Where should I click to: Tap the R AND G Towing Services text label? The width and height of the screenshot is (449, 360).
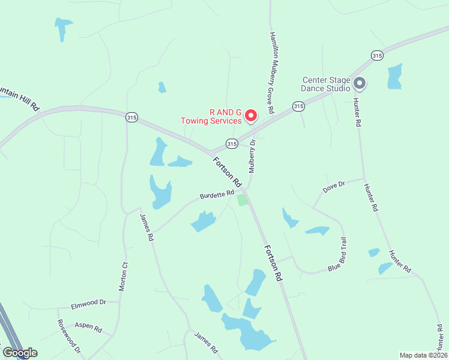pos(212,116)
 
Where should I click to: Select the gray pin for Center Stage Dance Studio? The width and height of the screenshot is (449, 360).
pos(360,83)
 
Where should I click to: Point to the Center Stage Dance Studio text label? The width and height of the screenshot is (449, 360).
pos(326,84)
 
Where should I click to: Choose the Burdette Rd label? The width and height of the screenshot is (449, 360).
pos(217,194)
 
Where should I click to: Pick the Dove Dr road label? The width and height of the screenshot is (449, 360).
pos(334,187)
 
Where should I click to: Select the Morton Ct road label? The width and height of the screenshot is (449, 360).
pos(124,277)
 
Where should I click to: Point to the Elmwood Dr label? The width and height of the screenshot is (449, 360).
pos(88,304)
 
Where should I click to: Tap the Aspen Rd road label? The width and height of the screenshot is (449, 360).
pos(88,327)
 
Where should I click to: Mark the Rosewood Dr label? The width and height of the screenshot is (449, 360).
pos(69,337)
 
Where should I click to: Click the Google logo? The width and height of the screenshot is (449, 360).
pos(19,353)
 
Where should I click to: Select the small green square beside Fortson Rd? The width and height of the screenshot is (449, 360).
pos(242,200)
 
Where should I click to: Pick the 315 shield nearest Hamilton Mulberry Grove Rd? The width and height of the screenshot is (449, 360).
pos(298,106)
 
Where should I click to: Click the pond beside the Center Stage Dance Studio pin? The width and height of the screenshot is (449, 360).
pos(394,76)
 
